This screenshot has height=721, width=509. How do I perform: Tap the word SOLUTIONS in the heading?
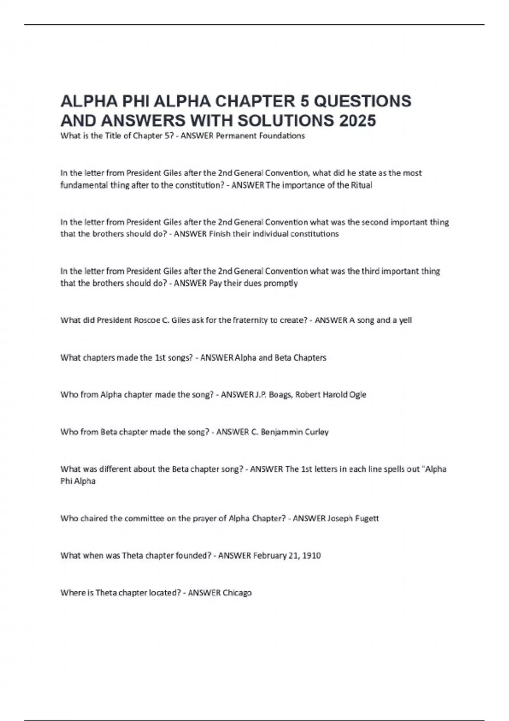click(x=286, y=120)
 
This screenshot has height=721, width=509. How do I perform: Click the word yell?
click(x=406, y=320)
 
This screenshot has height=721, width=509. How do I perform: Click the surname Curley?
click(x=317, y=432)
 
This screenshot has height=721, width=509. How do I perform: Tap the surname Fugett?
click(x=365, y=518)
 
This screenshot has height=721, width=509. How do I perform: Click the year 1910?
click(x=310, y=556)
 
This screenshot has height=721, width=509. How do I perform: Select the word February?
click(x=269, y=556)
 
